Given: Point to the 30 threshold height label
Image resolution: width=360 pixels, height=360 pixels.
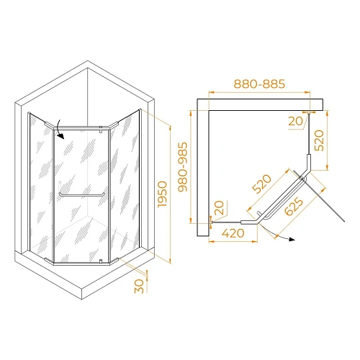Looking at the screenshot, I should point(140,286).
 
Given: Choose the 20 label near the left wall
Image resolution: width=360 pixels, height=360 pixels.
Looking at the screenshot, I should point(218,209).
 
